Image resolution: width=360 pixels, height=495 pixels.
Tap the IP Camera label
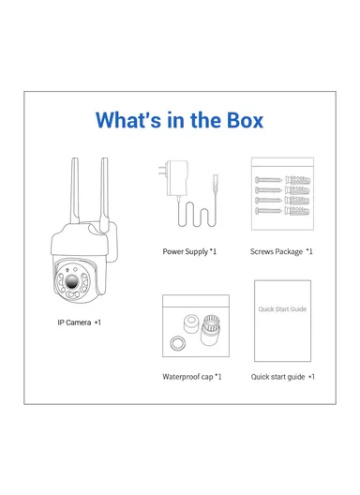73,322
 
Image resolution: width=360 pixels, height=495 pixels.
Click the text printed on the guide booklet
282,308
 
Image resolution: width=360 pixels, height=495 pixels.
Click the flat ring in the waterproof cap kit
176,344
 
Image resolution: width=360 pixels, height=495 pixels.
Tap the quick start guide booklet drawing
282,321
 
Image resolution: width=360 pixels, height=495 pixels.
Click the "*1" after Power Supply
213,251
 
